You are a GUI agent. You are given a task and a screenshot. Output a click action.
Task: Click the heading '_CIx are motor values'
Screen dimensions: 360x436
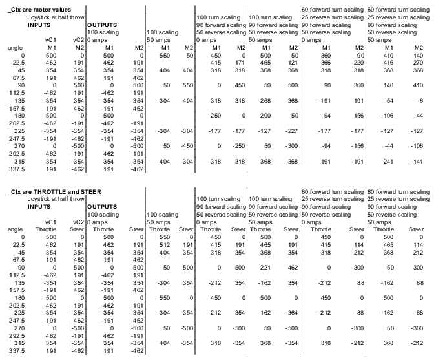click(x=40, y=9)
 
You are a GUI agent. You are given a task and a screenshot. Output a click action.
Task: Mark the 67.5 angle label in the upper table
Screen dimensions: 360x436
click(x=16, y=78)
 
